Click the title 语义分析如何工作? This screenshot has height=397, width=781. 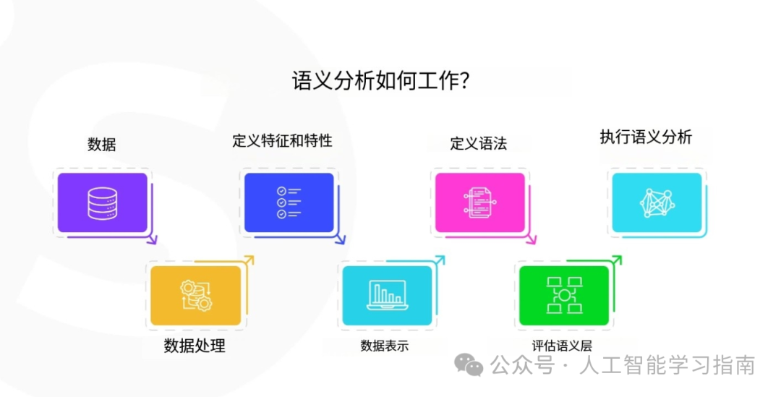[382, 80]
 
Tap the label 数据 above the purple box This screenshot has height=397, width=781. [101, 144]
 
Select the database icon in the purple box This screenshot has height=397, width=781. [102, 203]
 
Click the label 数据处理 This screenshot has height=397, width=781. [195, 346]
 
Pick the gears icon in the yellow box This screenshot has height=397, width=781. [195, 295]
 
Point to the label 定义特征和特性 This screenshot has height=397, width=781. [282, 140]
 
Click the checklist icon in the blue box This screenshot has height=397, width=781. [288, 202]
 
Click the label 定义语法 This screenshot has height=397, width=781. [478, 143]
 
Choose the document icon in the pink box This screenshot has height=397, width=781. [479, 202]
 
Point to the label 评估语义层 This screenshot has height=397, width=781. [562, 346]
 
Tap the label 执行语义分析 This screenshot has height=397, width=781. [646, 137]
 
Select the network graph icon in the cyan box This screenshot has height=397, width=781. [657, 202]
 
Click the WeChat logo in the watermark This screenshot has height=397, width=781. [473, 366]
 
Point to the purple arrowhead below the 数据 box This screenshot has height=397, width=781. [152, 239]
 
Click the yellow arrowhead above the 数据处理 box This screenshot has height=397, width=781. [249, 260]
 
